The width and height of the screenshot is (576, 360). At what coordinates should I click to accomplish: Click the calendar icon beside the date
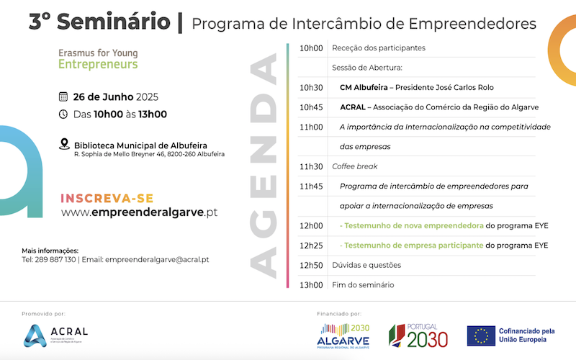pyautogui.click(x=63, y=96)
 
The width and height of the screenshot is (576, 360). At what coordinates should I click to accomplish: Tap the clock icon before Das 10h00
pyautogui.click(x=63, y=114)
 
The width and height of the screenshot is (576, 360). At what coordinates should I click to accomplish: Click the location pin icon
pyautogui.click(x=64, y=144)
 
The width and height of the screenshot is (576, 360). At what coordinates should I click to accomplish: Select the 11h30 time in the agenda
pyautogui.click(x=311, y=166)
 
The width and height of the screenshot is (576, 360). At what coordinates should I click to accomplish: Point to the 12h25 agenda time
pyautogui.click(x=311, y=246)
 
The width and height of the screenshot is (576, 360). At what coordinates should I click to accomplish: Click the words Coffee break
pyautogui.click(x=355, y=166)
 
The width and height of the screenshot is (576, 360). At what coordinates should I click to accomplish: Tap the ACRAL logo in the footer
pyautogui.click(x=55, y=336)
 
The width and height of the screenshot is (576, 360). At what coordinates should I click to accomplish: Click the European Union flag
pyautogui.click(x=481, y=336)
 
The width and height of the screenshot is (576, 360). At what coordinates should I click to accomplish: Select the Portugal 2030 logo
pyautogui.click(x=418, y=336)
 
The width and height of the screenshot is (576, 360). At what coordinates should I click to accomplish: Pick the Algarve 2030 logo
pyautogui.click(x=343, y=336)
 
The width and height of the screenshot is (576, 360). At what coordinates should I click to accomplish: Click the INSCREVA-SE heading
pyautogui.click(x=107, y=199)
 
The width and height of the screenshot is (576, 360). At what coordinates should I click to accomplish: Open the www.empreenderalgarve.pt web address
pyautogui.click(x=139, y=212)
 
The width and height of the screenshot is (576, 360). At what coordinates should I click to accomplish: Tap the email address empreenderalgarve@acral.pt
pyautogui.click(x=157, y=260)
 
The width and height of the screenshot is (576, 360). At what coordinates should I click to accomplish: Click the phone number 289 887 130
pyautogui.click(x=55, y=260)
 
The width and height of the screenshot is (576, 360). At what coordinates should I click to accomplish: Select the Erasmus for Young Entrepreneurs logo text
pyautogui.click(x=98, y=59)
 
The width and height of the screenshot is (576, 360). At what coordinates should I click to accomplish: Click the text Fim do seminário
pyautogui.click(x=363, y=284)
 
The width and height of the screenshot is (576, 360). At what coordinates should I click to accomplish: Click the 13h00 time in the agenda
pyautogui.click(x=311, y=284)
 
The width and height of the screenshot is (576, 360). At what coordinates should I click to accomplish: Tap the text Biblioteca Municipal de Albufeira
pyautogui.click(x=140, y=145)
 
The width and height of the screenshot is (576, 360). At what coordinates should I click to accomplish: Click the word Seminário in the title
pyautogui.click(x=114, y=22)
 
